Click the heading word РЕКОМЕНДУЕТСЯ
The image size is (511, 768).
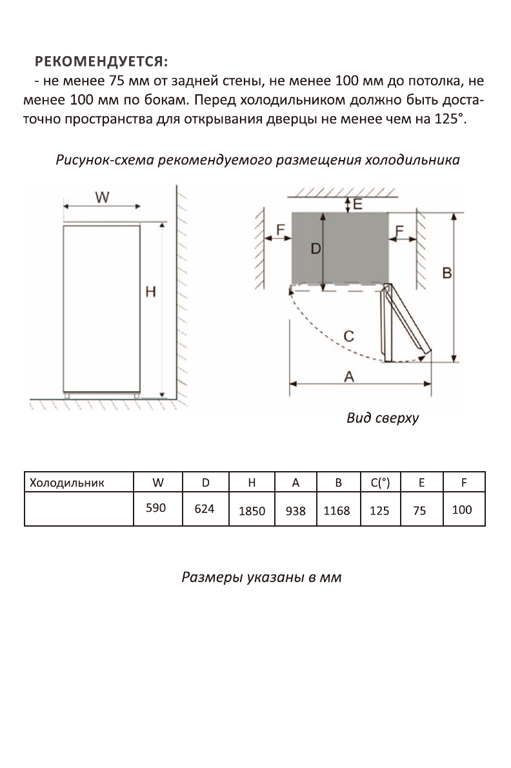101,62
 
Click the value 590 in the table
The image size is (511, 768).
155,508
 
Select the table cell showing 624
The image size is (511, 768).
205,509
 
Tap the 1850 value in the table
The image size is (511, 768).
252,510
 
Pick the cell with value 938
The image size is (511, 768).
295,510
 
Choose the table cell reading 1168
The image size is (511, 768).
337,510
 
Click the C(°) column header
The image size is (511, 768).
380,483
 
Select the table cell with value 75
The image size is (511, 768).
419,510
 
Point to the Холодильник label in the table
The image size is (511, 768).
68,483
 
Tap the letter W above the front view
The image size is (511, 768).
102,197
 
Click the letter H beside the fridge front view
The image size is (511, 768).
150,292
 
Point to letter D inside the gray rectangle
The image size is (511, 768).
316,248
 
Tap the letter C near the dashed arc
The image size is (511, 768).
348,336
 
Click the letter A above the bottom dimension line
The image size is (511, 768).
349,376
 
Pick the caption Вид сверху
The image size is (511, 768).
383,418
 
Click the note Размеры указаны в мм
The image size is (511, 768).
261,577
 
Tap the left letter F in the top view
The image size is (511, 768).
280,229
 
